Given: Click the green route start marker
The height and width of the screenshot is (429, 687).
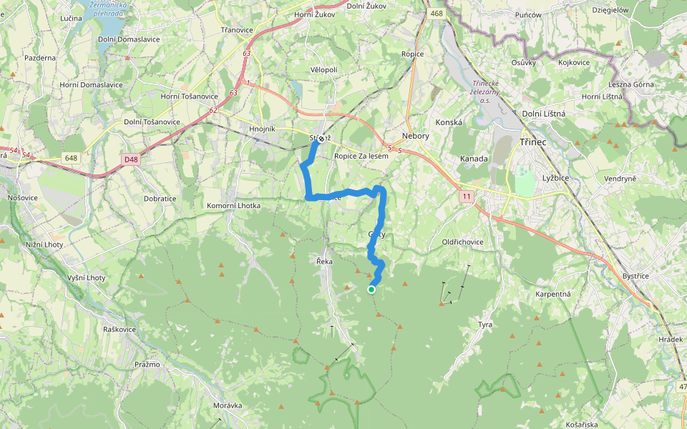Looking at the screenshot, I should (x=371, y=290).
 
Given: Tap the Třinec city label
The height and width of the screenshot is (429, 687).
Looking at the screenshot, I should (x=533, y=142).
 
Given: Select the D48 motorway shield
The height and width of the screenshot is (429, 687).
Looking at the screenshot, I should (x=130, y=159).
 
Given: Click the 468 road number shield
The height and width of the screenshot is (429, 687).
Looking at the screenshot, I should (x=437, y=14).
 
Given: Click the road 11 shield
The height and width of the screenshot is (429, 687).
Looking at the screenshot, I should (x=467, y=195).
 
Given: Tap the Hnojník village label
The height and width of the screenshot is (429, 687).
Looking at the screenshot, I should (x=263, y=129).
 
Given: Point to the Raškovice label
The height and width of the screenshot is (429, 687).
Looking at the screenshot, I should (x=120, y=330).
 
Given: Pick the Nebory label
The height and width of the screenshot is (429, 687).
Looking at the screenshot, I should (x=416, y=136).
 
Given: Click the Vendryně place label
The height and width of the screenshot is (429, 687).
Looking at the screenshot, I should (x=620, y=178).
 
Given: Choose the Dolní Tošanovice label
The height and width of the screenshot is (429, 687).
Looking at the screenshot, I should (x=152, y=122).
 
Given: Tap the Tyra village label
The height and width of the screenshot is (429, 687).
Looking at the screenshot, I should (x=485, y=325).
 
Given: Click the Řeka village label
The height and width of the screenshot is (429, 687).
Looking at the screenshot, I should (x=325, y=262).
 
